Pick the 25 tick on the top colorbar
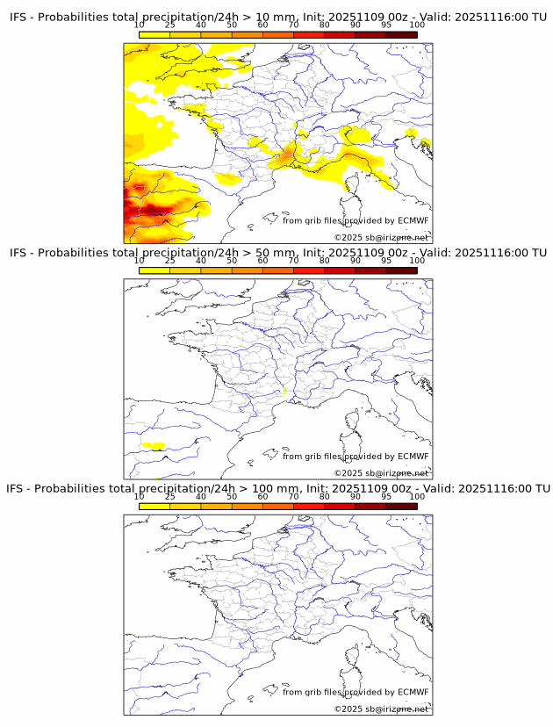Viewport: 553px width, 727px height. (x=170, y=25)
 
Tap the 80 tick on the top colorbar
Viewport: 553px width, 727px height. (x=325, y=25)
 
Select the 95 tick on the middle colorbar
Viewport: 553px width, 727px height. (x=386, y=261)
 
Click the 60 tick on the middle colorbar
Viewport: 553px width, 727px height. (x=262, y=261)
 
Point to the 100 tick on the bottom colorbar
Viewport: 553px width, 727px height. (x=417, y=496)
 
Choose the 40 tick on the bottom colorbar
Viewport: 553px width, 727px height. (x=201, y=496)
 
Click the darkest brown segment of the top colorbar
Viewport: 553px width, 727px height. (x=401, y=35)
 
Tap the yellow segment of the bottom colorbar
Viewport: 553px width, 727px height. (x=154, y=506)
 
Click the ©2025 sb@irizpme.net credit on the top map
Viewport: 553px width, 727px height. (x=381, y=237)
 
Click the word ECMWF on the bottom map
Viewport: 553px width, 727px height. (x=413, y=692)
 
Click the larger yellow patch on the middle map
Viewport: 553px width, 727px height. (x=154, y=446)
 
